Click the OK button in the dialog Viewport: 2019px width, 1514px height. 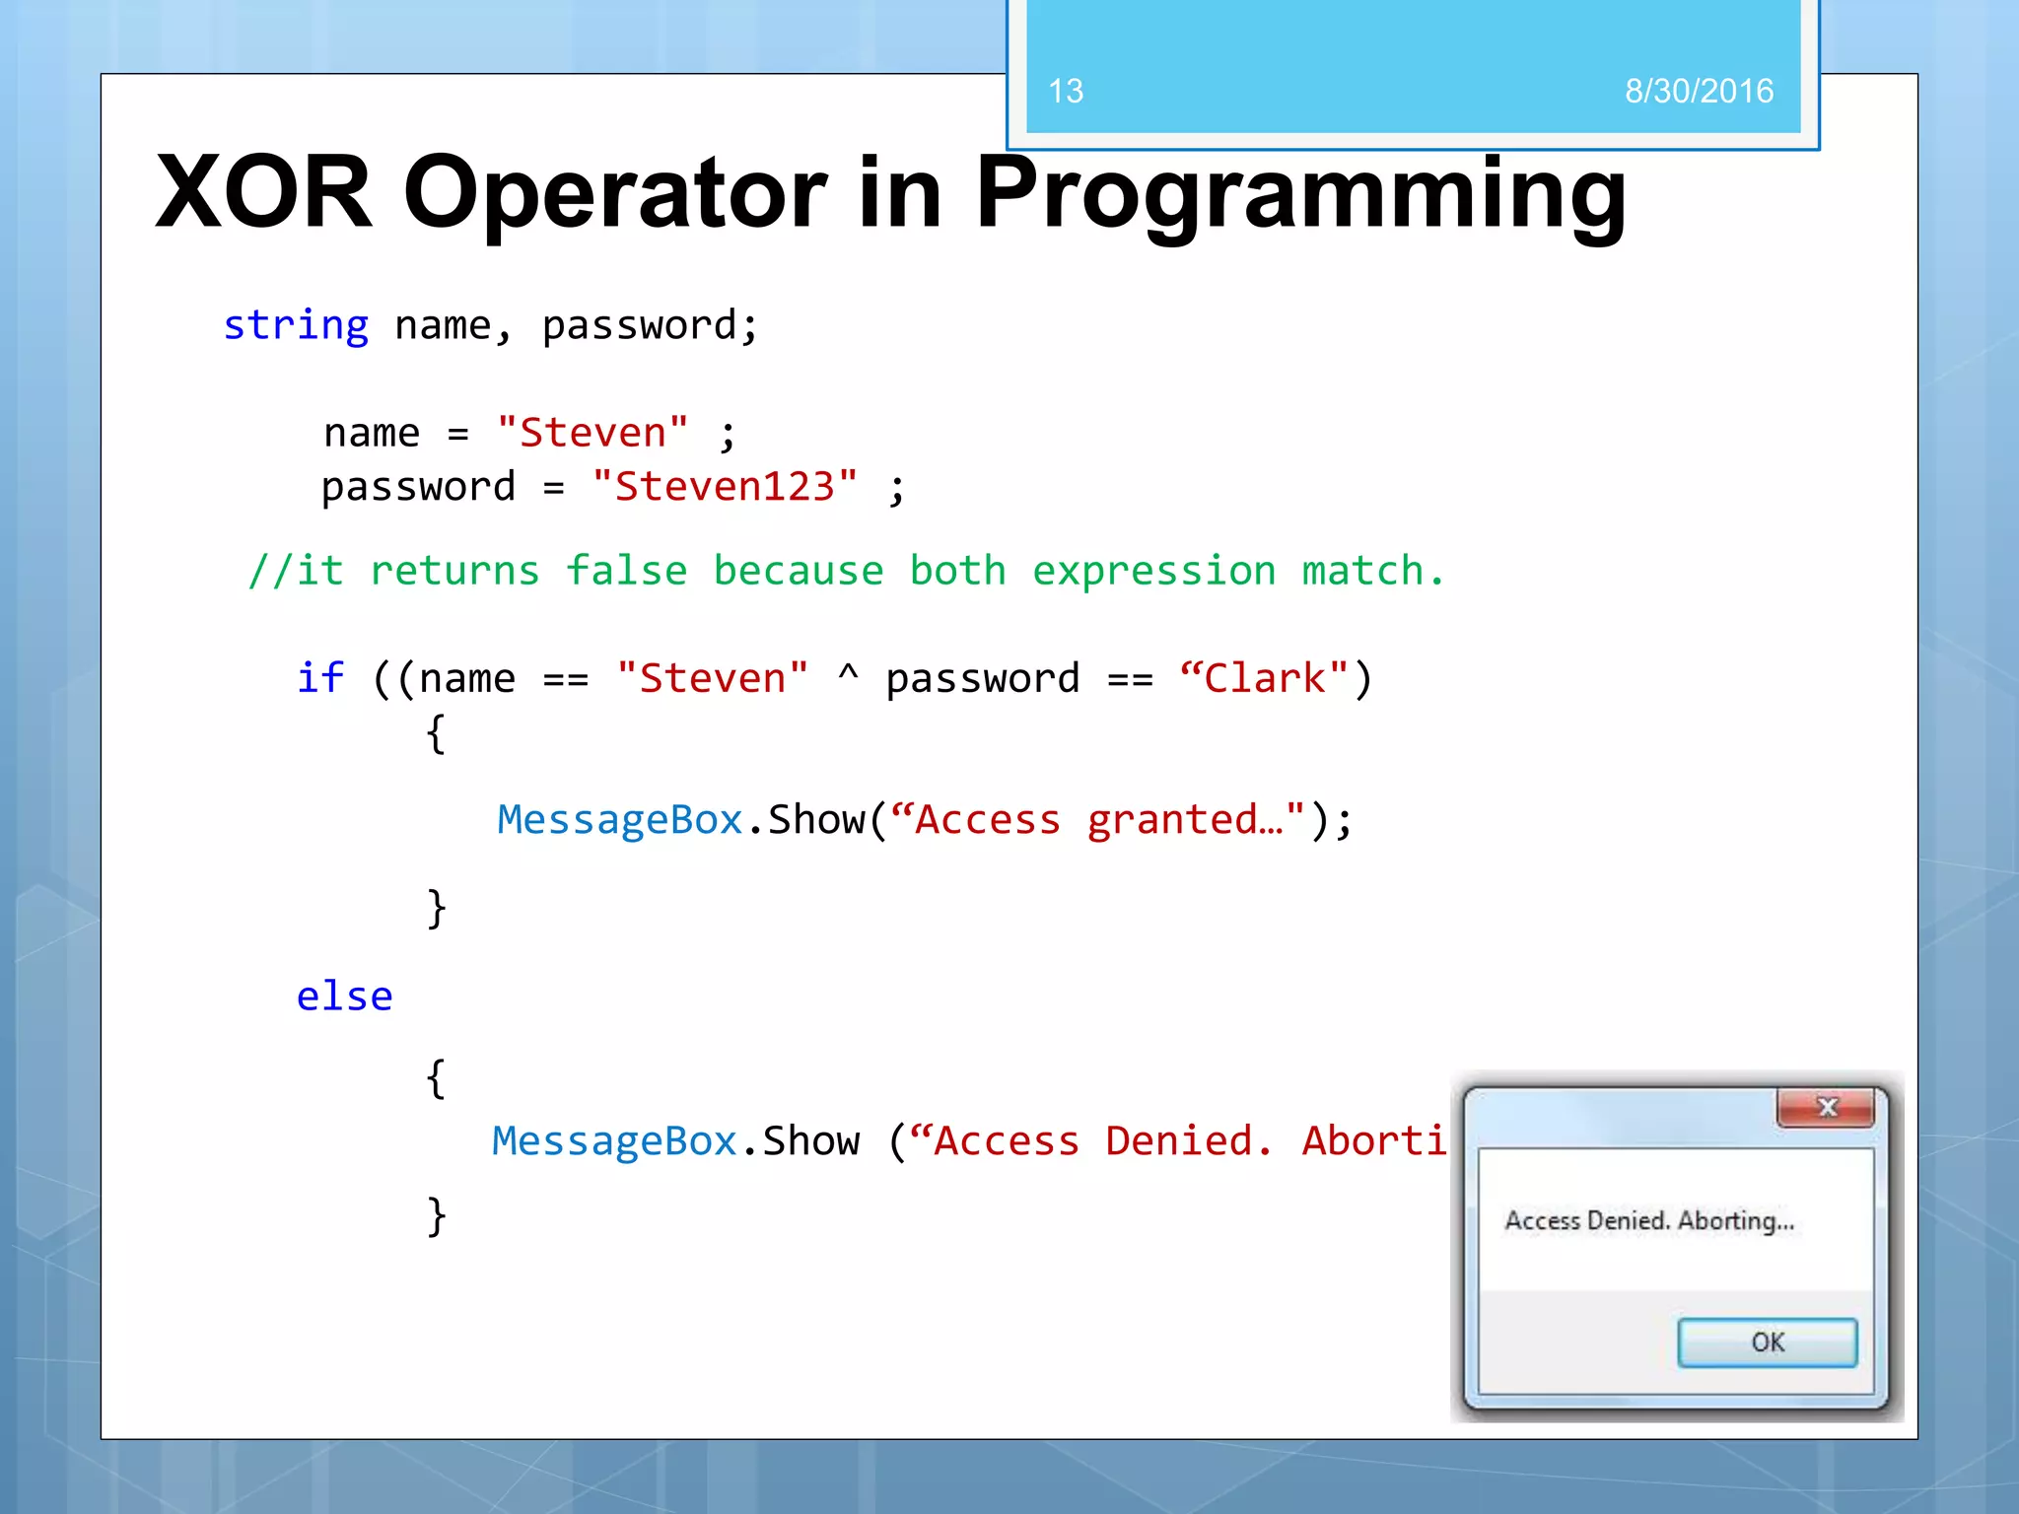pos(1767,1342)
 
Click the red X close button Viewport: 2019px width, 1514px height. pos(1826,1108)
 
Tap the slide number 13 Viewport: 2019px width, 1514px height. pos(1066,92)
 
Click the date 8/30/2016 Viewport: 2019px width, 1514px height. pos(1699,92)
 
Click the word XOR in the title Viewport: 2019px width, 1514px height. pos(264,193)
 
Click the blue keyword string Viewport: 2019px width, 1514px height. pos(296,325)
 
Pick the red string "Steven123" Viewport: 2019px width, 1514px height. pos(725,486)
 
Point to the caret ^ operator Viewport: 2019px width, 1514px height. pos(848,675)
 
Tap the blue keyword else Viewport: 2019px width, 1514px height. pos(344,997)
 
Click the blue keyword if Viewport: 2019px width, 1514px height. pos(320,678)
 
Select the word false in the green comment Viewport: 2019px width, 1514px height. pos(626,571)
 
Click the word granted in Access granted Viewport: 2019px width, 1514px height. pos(1173,821)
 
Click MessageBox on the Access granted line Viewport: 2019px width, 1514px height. pos(619,820)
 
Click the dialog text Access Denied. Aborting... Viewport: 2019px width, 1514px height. pos(1648,1221)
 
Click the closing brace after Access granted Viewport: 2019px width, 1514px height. pos(436,908)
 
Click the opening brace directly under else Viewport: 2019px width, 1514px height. pos(436,1078)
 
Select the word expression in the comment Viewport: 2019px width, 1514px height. pos(1153,571)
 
